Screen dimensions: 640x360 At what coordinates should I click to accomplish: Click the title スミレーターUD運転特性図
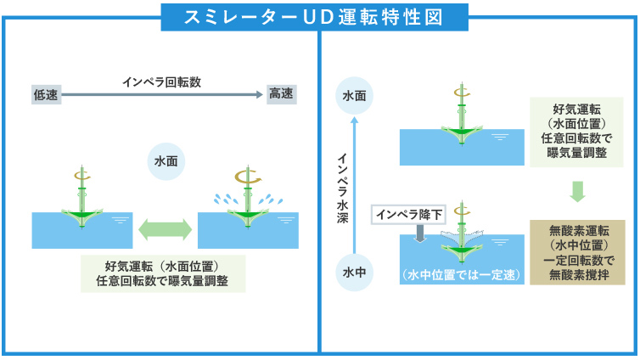313,18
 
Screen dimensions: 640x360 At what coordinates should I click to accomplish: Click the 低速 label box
46,95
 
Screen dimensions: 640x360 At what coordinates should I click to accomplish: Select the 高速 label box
281,94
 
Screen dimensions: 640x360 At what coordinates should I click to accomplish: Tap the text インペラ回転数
161,82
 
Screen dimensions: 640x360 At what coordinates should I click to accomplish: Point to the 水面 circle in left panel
166,161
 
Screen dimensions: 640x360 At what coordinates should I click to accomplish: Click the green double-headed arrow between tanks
165,229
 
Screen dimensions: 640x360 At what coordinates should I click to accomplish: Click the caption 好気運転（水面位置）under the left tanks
162,266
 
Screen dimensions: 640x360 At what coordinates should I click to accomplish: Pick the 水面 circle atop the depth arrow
354,96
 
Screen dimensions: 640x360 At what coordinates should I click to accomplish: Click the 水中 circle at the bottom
354,273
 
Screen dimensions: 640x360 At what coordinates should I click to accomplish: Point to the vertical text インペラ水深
342,188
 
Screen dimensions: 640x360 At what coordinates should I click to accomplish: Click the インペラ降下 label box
408,215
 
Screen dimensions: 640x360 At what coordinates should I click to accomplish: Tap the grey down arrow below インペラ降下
420,233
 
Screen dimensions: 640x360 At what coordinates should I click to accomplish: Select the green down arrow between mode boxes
577,192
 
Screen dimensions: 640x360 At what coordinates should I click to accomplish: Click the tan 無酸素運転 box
577,252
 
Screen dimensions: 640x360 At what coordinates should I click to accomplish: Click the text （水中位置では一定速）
462,275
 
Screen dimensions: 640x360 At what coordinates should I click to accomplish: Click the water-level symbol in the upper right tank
500,138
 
